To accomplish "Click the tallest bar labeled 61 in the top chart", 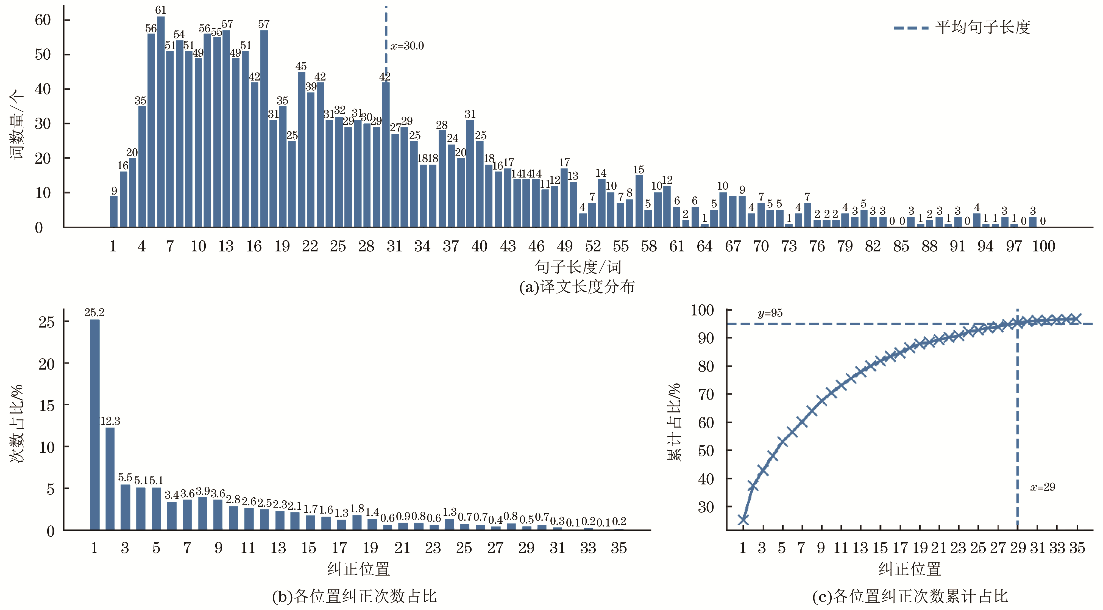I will pyautogui.click(x=161, y=122).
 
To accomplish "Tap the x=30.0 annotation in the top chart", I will pyautogui.click(x=407, y=46).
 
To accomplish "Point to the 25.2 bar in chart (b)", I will pyautogui.click(x=95, y=424).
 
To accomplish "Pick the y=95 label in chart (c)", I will pyautogui.click(x=770, y=313).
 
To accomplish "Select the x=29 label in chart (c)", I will pyautogui.click(x=1042, y=487).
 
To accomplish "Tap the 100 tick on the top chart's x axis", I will pyautogui.click(x=1043, y=246).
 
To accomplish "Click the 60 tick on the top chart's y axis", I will pyautogui.click(x=43, y=20).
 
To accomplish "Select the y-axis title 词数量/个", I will pyautogui.click(x=16, y=124).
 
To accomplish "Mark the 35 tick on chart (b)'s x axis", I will pyautogui.click(x=619, y=548).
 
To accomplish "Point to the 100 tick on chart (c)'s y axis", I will pyautogui.click(x=702, y=310).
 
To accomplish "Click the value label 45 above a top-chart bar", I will pyautogui.click(x=301, y=66).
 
